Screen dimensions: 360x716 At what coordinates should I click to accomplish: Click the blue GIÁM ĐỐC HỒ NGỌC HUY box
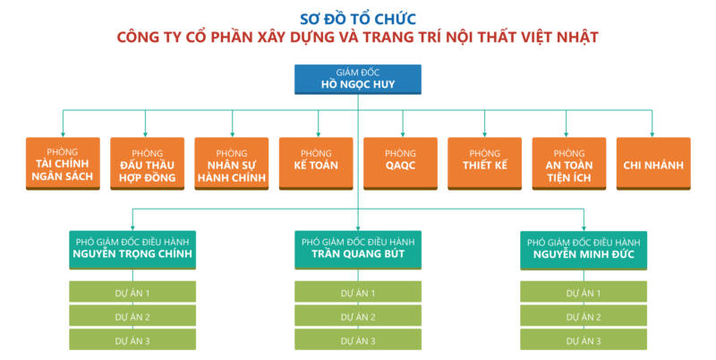358,79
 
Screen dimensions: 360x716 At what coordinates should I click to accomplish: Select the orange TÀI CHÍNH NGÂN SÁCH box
63,164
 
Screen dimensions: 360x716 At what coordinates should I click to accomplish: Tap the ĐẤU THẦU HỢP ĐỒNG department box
147,164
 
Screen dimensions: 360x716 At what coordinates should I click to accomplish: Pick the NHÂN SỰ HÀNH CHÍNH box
231,164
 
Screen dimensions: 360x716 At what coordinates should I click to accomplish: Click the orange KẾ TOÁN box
316,164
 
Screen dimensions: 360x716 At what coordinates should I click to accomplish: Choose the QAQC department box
400,164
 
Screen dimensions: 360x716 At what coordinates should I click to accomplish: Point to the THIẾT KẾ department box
484,164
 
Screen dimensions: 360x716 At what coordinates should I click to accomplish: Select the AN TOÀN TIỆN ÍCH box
568,164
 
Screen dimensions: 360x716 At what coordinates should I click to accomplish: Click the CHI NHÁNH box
653,164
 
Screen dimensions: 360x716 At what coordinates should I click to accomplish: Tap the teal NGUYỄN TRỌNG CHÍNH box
132,249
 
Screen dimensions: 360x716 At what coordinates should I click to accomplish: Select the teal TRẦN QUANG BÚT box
358,249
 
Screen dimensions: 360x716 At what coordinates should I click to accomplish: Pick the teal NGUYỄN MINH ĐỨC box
584,249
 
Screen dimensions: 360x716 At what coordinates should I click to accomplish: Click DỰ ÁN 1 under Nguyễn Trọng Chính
132,292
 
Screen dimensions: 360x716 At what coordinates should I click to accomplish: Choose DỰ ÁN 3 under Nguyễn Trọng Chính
132,340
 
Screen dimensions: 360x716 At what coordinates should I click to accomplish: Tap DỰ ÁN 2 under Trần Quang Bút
358,316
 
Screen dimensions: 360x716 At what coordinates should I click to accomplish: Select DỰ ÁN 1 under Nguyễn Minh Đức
584,292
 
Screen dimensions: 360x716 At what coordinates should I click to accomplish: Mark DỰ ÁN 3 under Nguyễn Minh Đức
584,340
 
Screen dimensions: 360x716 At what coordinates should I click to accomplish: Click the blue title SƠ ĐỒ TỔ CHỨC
358,17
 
